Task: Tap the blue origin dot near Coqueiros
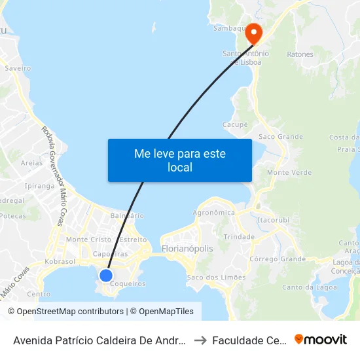coord(105,275)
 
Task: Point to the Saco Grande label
coord(281,137)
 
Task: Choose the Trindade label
coord(239,236)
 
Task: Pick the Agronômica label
coord(214,213)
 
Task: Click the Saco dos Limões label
coord(216,278)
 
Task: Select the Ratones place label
coord(300,54)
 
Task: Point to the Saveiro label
coord(18,67)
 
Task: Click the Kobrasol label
coord(60,261)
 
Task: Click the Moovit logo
coord(321,340)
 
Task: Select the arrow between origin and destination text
coord(201,340)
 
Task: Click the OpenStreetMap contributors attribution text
coord(66,312)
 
